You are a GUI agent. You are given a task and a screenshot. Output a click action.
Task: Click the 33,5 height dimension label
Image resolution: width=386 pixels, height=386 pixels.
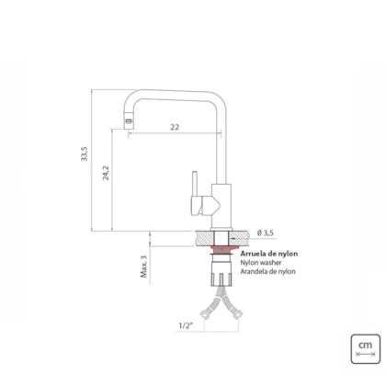point(85,153)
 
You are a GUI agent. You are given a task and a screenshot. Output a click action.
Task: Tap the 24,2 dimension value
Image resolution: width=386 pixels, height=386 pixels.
point(106,173)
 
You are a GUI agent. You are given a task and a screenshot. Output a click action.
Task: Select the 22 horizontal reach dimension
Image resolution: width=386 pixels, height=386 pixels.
point(175,127)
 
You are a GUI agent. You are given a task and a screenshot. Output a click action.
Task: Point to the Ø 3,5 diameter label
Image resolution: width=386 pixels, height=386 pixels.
point(266,233)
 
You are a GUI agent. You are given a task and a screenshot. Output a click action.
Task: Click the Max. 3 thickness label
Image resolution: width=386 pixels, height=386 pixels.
point(144,267)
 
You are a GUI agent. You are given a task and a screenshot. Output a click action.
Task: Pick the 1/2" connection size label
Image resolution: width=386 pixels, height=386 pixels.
point(187,325)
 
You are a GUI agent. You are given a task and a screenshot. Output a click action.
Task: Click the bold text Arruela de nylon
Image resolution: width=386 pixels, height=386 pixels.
point(269,254)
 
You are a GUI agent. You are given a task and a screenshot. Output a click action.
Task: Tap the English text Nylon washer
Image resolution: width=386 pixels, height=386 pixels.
point(261,263)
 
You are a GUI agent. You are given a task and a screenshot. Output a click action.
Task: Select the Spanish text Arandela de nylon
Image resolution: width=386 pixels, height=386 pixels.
point(267,271)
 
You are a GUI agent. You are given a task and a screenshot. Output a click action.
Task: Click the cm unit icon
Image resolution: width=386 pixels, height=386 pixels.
point(366,349)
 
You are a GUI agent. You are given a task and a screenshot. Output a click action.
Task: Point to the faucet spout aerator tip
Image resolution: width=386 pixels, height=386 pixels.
point(129,124)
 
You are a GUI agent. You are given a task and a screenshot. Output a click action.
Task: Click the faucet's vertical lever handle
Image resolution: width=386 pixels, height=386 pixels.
point(194,183)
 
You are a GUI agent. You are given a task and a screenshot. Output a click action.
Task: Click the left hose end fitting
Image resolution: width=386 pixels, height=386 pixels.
point(204,314)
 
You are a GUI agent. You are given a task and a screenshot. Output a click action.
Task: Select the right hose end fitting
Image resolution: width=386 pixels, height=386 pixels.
point(238,313)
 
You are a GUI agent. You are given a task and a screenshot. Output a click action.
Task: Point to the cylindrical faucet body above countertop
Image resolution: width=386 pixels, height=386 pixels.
point(221,206)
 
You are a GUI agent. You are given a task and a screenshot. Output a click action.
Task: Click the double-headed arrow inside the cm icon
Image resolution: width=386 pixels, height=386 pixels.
point(365,354)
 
